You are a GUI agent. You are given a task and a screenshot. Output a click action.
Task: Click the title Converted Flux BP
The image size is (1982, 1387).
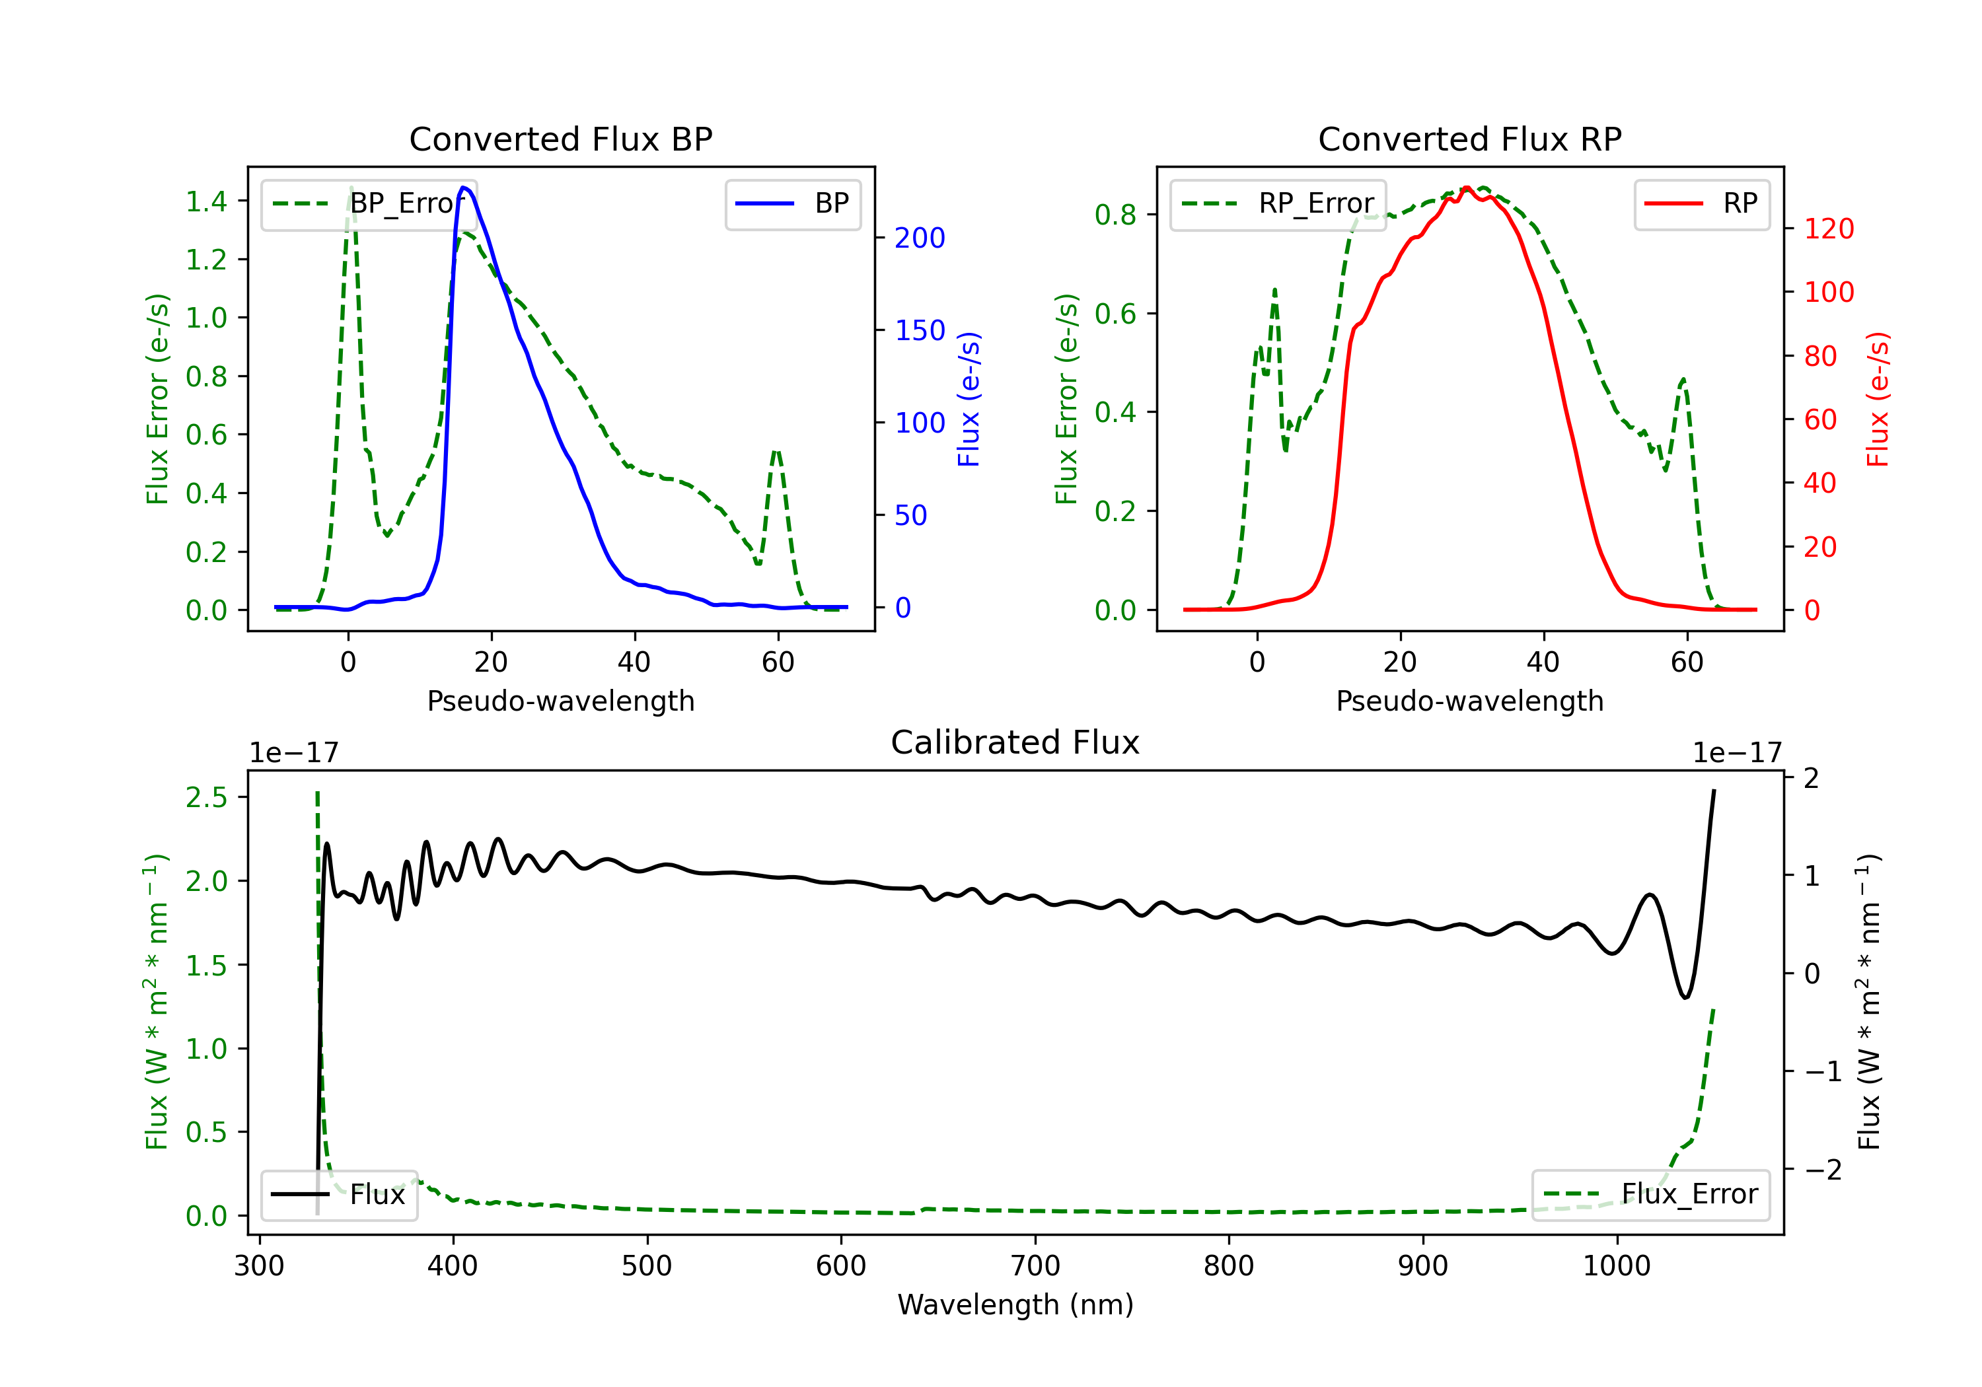tap(560, 139)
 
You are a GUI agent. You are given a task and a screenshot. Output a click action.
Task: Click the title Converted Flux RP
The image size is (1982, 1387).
tap(1469, 139)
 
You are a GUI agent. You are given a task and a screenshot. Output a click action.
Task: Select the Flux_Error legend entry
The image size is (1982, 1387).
tap(1650, 1195)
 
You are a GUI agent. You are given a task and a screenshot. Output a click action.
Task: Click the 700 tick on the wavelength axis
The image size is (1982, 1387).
tap(1035, 1266)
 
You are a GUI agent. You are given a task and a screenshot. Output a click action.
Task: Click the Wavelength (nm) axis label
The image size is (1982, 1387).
tap(1015, 1305)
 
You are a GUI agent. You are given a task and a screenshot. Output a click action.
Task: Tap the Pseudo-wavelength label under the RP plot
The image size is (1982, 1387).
tap(1469, 701)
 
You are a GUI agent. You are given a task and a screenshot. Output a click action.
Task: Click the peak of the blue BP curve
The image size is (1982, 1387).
tap(464, 188)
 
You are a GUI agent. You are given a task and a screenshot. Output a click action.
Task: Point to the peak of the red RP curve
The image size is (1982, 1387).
tap(1467, 188)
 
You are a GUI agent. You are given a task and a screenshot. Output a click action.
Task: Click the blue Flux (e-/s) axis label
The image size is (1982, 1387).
tap(969, 400)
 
